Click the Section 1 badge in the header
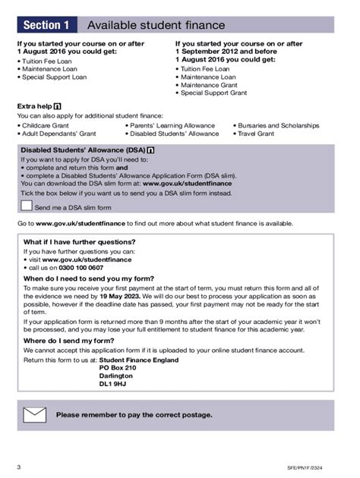[x=46, y=25]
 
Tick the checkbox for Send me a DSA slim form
[x=27, y=206]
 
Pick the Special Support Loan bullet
[x=55, y=77]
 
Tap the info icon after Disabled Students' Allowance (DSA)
[x=150, y=150]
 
